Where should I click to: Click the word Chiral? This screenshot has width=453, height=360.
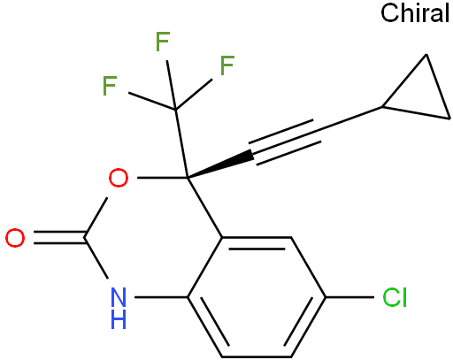coord(415,13)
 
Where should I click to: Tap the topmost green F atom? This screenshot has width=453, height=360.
coord(163,42)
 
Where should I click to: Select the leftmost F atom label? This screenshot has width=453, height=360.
coord(110,86)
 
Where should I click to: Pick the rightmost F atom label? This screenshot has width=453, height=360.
coord(227,65)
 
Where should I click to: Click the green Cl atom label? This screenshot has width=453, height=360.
coord(395,297)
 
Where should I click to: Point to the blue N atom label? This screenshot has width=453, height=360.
coord(119,297)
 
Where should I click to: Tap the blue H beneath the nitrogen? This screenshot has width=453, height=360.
coord(119,319)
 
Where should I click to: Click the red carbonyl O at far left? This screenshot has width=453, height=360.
coord(15,238)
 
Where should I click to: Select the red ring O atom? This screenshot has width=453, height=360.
coord(119,178)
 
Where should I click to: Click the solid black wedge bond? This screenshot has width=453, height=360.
coord(220,165)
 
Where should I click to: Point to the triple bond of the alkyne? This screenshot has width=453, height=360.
coord(285,142)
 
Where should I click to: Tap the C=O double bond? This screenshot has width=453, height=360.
coord(59,238)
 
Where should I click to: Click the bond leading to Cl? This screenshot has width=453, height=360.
coord(349,297)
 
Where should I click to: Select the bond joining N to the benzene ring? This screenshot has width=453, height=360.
coord(161,297)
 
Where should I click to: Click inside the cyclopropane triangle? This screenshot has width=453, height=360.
coord(423,95)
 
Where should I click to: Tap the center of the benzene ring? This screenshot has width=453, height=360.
coord(257,297)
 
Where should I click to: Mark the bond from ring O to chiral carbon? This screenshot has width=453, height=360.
coord(162,178)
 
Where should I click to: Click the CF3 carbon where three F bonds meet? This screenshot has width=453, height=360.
coord(175,110)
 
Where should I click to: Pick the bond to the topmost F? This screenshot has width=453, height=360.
coord(171,85)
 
